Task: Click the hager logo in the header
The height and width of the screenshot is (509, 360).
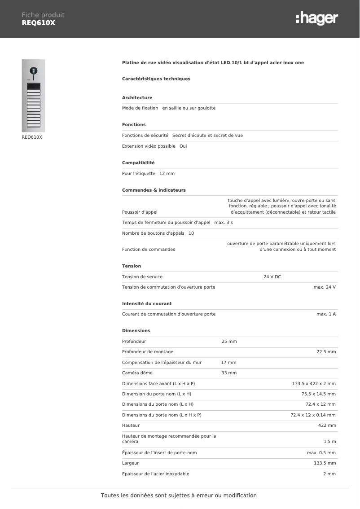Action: pos(317,18)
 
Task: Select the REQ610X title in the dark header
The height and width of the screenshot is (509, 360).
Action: pos(38,23)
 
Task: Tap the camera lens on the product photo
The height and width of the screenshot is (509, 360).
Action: pos(33,70)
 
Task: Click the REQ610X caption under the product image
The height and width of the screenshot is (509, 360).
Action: pos(32,137)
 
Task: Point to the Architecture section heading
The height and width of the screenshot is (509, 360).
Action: pos(137,98)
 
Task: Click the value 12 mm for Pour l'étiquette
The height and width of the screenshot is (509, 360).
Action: pos(167,174)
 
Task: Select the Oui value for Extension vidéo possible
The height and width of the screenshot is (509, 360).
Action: pos(183,146)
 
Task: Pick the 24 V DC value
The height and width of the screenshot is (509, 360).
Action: pos(272,277)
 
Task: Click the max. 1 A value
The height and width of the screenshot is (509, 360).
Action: pos(326,314)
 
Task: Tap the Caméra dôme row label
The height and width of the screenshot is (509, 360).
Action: pos(137,373)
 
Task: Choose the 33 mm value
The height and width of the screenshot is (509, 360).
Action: pos(229,373)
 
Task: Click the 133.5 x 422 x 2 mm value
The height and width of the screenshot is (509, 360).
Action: pos(314,384)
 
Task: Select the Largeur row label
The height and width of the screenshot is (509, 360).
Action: pos(130,463)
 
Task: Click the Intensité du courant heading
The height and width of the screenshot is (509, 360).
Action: pos(147,304)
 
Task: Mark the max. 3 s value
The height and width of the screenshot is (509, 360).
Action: pos(224,223)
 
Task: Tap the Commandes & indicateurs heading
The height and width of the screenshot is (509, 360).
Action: pos(154,190)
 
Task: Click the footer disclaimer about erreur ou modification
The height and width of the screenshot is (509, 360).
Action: pos(179,496)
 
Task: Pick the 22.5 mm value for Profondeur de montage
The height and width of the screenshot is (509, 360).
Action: pos(326,352)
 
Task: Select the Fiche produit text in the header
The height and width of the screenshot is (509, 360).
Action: pos(43,15)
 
